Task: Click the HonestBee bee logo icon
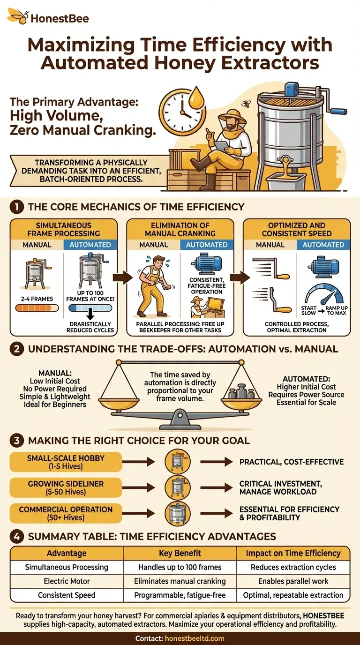pos(17,17)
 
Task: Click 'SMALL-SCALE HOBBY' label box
pos(66,462)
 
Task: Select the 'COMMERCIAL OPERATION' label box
pos(66,513)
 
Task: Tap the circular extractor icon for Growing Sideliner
pos(178,487)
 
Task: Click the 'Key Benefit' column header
pos(180,554)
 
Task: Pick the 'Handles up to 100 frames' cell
pos(180,567)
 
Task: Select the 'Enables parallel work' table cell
pos(293,581)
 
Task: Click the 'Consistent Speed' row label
pos(67,595)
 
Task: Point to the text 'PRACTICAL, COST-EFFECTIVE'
pos(291,462)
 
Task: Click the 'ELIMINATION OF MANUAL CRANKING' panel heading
pos(180,229)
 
